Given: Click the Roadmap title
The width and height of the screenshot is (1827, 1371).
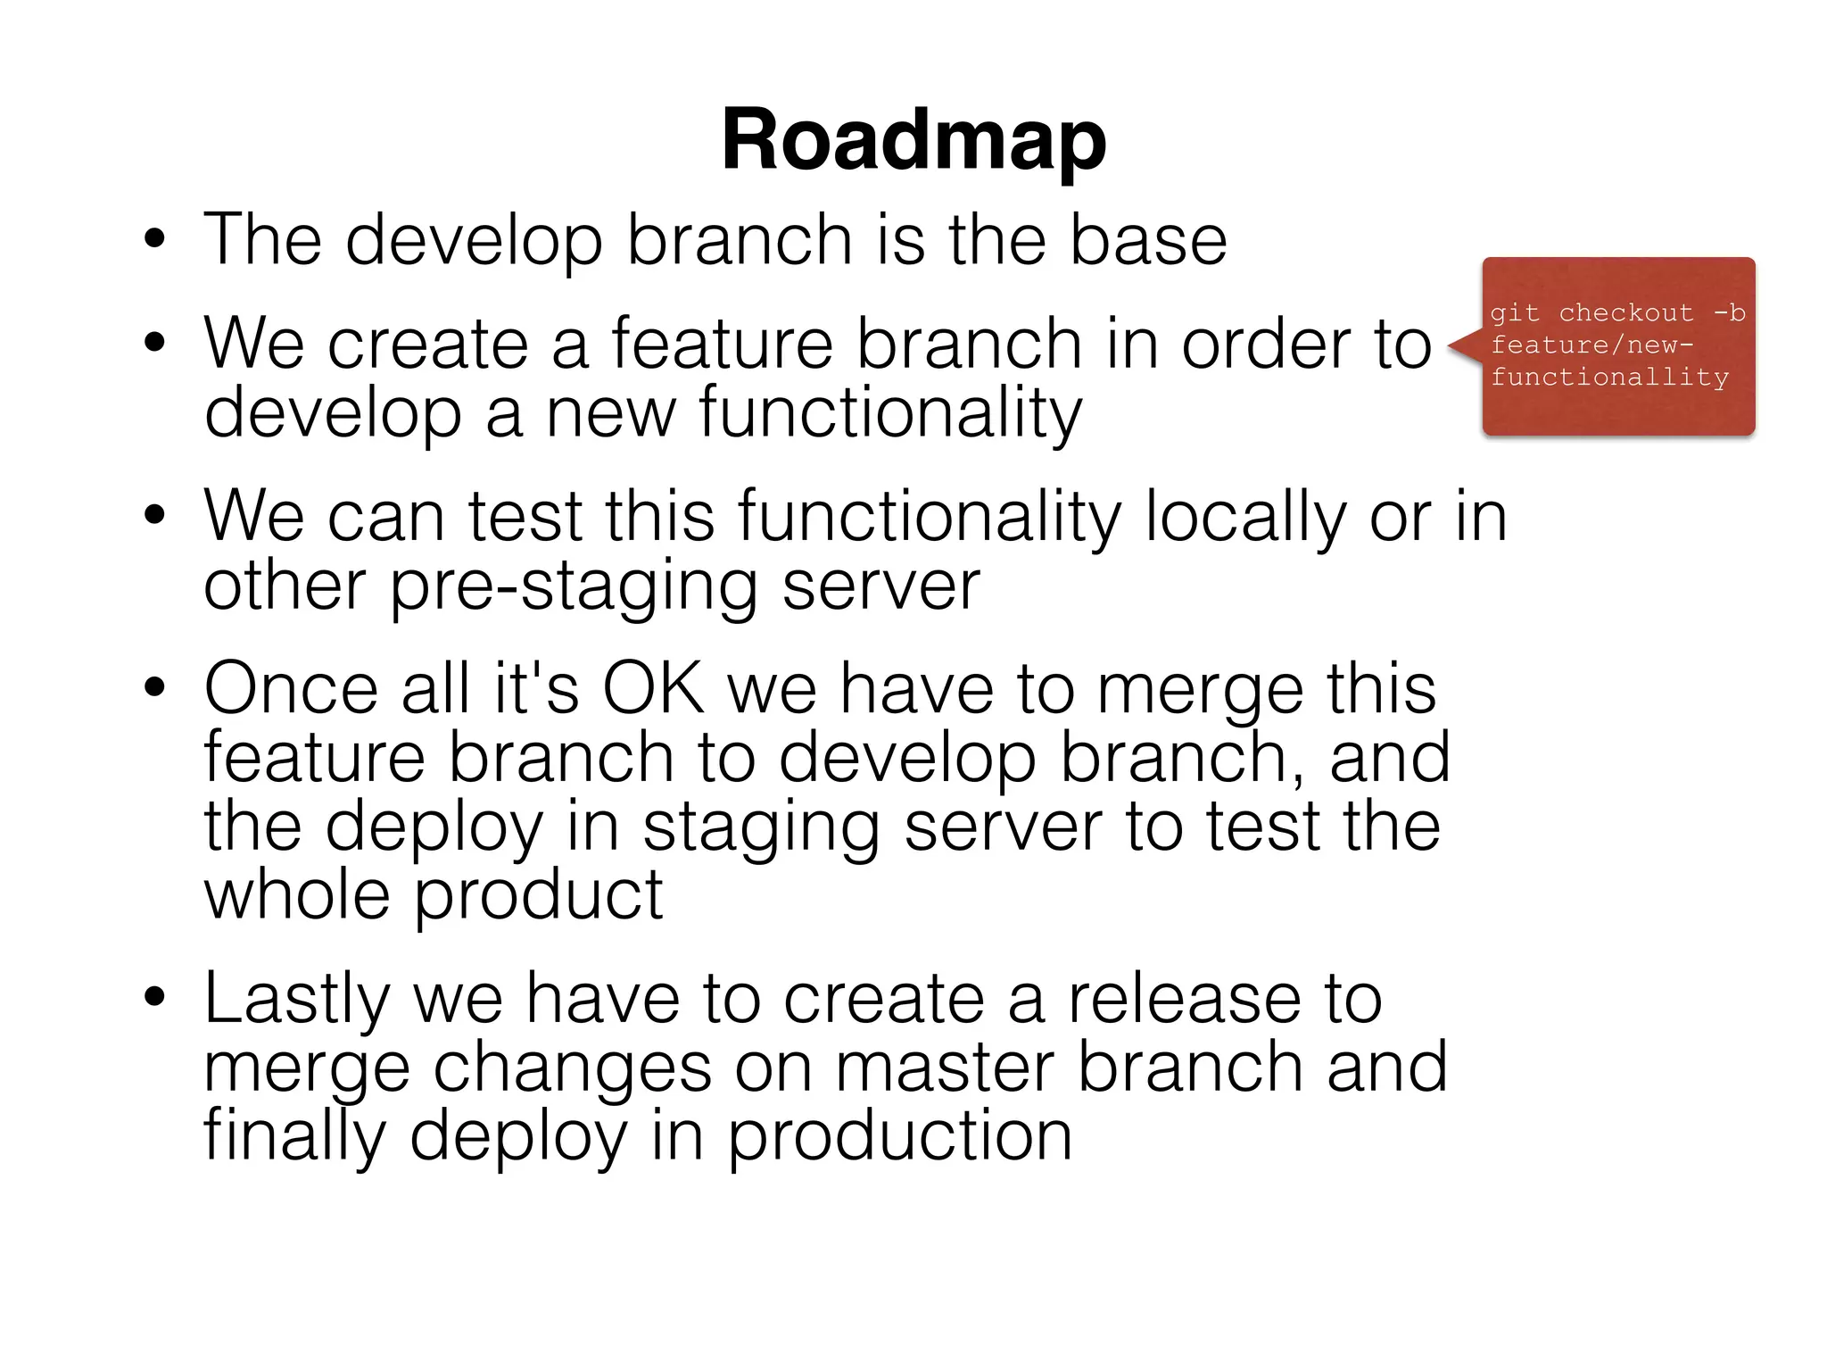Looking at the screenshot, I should (913, 141).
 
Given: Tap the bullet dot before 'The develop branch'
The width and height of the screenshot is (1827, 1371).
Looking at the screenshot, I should (155, 240).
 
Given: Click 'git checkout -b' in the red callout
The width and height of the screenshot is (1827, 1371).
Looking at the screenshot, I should (1616, 313).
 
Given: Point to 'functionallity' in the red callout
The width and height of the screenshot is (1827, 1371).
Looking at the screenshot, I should (1609, 378).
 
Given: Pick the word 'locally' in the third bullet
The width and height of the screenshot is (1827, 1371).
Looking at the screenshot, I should (1245, 517).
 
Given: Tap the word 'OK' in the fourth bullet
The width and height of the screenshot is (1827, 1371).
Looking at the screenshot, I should (653, 689).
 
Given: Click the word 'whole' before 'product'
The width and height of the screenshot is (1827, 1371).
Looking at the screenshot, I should (297, 895).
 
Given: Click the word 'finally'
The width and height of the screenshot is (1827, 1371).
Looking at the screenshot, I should (295, 1136).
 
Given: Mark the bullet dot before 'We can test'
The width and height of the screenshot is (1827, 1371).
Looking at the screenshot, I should (155, 517).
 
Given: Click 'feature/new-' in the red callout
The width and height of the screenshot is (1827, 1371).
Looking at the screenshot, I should (1591, 345).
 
